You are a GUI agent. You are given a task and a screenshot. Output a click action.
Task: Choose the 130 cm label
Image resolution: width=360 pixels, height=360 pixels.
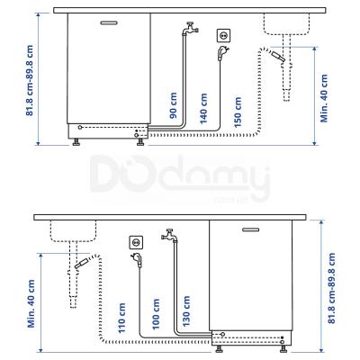click(x=186, y=310)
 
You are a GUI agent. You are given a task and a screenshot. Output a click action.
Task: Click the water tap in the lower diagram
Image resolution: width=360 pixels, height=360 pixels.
click(x=166, y=237)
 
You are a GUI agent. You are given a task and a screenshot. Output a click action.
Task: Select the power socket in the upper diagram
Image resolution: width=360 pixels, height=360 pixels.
click(x=221, y=35)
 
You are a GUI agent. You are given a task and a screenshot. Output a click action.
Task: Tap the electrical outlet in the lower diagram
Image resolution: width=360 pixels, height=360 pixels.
click(x=137, y=241)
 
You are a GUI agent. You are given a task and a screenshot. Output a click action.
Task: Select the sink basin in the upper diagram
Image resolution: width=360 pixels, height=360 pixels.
click(x=285, y=24)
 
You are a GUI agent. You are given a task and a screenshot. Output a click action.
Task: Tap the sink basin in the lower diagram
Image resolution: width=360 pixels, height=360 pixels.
click(x=74, y=230)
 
